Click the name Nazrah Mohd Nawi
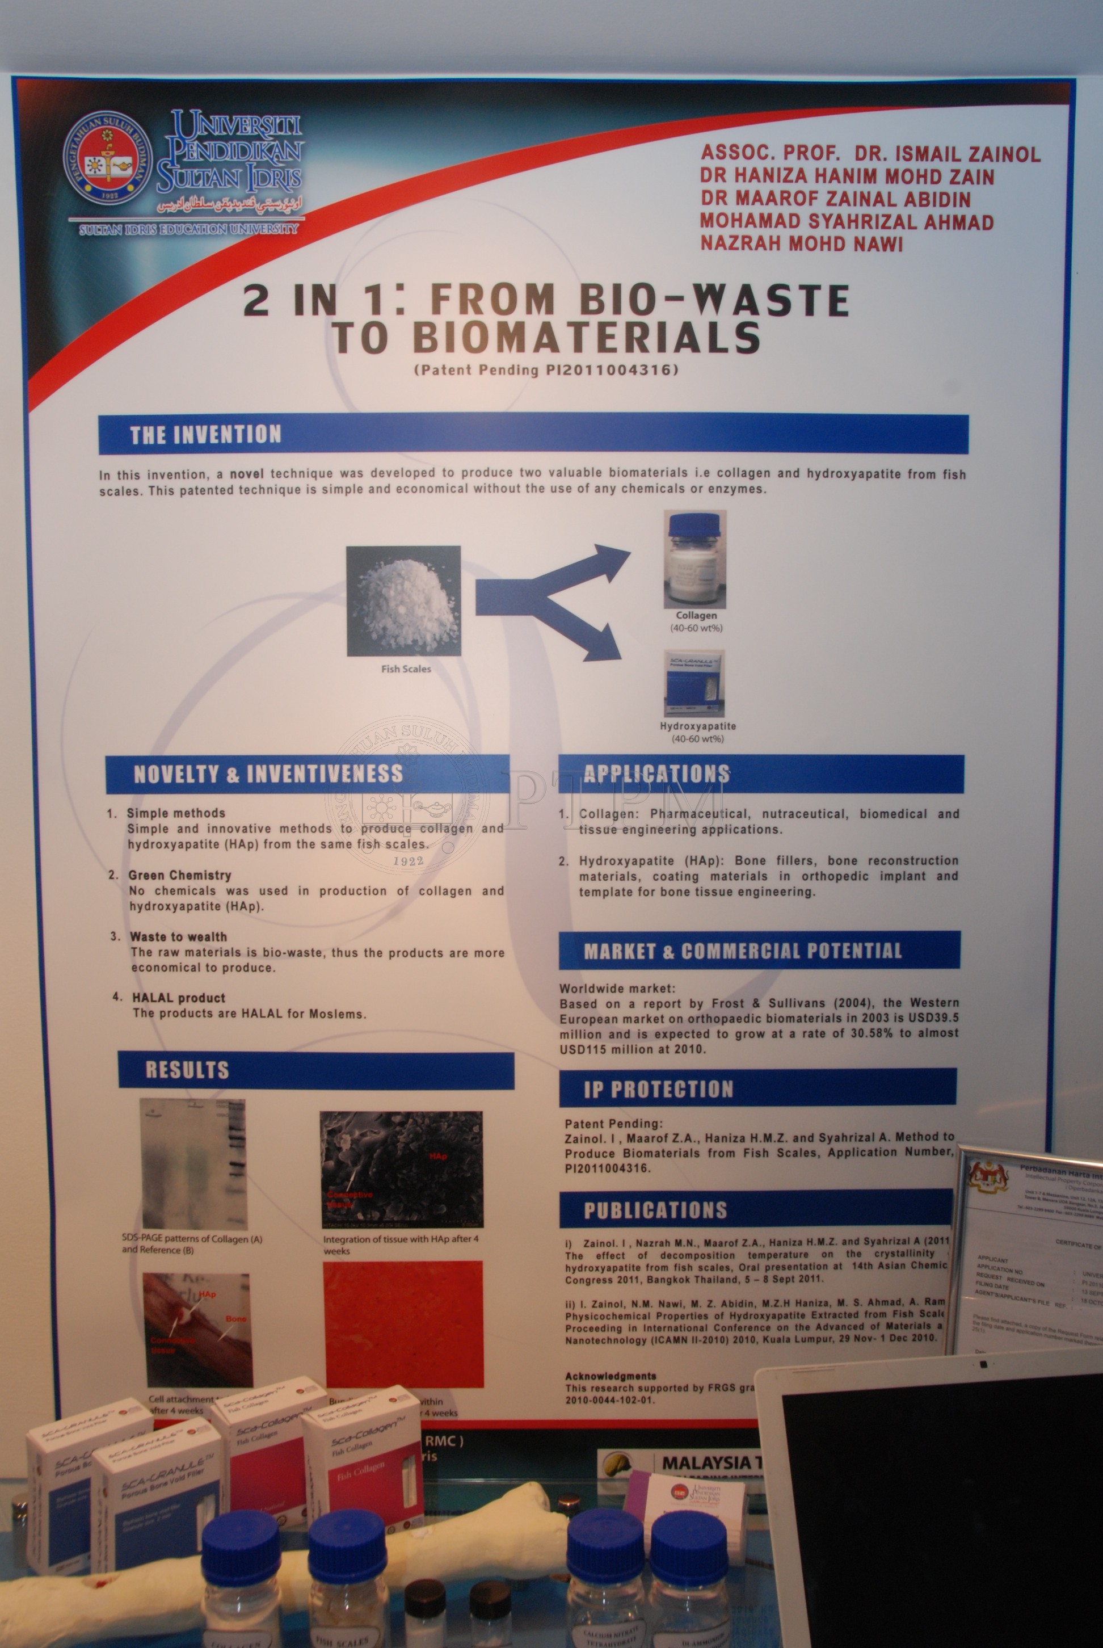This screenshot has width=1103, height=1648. pyautogui.click(x=801, y=244)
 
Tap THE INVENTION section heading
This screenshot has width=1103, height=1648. pyautogui.click(x=205, y=435)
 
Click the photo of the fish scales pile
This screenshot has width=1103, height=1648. pyautogui.click(x=404, y=600)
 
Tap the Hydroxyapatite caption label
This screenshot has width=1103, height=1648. pyautogui.click(x=698, y=726)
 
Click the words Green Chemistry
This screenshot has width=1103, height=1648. pyautogui.click(x=179, y=875)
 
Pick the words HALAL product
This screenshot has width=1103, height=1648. pyautogui.click(x=179, y=998)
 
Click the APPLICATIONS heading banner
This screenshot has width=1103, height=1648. pyautogui.click(x=656, y=773)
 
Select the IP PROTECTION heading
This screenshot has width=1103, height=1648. pyautogui.click(x=658, y=1090)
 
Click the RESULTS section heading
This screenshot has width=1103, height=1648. pyautogui.click(x=187, y=1070)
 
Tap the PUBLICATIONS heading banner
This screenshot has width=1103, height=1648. pyautogui.click(x=655, y=1210)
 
